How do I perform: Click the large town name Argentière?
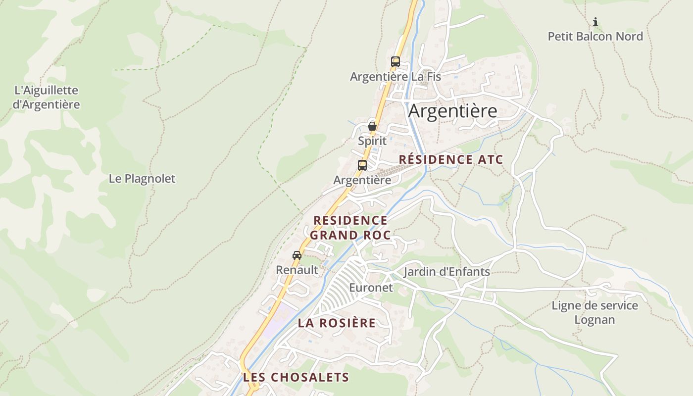click(x=452, y=111)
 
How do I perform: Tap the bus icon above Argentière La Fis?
click(x=395, y=62)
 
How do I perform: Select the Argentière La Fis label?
click(x=395, y=77)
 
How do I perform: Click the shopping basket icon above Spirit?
click(x=372, y=126)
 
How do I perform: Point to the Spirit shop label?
click(x=372, y=141)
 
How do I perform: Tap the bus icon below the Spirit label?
click(x=362, y=165)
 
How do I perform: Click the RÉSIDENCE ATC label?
click(x=450, y=159)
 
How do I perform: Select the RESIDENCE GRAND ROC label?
click(x=350, y=227)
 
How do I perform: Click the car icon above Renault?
click(x=297, y=255)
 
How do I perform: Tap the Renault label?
click(x=297, y=270)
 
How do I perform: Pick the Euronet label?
click(x=371, y=288)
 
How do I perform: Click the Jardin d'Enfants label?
click(x=446, y=272)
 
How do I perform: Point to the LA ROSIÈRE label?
click(x=337, y=323)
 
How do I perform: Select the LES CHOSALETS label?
click(x=296, y=377)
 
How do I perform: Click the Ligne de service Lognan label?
click(x=594, y=312)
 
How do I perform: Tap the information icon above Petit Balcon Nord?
click(x=595, y=22)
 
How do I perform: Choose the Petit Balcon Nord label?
click(x=595, y=37)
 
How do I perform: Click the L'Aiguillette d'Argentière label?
click(x=47, y=98)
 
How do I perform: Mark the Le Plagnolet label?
click(x=142, y=179)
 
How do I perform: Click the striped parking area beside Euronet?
click(x=342, y=287)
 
